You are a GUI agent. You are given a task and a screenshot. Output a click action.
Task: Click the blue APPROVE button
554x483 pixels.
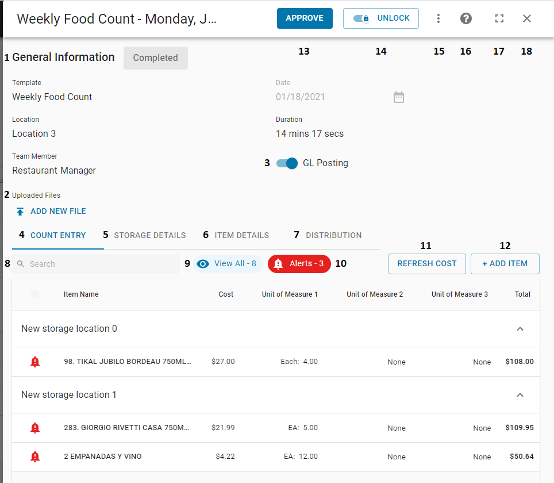(x=305, y=18)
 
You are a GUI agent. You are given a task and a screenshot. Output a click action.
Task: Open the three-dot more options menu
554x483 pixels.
(x=438, y=18)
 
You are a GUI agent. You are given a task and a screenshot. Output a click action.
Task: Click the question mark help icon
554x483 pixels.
(x=466, y=18)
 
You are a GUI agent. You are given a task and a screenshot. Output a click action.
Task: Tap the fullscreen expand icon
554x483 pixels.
(x=499, y=18)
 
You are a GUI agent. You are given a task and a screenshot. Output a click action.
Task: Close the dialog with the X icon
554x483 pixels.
(x=527, y=18)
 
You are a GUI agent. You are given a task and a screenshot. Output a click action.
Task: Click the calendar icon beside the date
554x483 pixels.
(x=399, y=97)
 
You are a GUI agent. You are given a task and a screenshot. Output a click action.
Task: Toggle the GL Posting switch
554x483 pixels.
(x=287, y=163)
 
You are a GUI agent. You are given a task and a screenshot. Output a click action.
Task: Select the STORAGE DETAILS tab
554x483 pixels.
(x=150, y=235)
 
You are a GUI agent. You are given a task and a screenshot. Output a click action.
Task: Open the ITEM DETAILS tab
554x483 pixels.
(x=242, y=235)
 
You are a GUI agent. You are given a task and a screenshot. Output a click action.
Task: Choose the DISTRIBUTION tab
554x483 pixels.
(x=334, y=235)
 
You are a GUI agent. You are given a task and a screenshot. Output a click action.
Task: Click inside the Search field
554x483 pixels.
(x=98, y=264)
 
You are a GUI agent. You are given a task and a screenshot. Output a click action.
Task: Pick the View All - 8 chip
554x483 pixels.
(x=228, y=264)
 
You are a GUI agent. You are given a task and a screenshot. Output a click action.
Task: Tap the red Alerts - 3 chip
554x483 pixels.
(x=299, y=264)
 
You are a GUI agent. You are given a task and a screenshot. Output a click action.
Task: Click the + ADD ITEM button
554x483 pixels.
(x=505, y=264)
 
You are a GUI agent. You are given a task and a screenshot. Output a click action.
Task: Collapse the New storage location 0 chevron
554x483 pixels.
(x=520, y=329)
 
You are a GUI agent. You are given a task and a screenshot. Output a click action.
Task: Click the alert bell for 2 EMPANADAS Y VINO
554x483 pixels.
(x=35, y=457)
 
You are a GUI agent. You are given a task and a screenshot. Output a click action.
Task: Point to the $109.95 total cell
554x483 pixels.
(x=520, y=428)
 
